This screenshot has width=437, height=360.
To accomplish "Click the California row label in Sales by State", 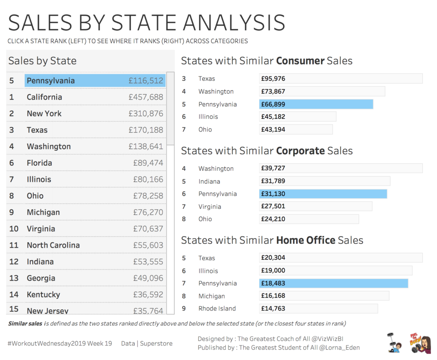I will click(x=44, y=97).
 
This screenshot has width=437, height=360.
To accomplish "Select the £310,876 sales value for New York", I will click(x=146, y=114).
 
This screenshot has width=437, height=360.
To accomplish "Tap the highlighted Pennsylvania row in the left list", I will click(x=95, y=81).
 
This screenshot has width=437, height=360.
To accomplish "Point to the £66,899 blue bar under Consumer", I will click(x=316, y=104).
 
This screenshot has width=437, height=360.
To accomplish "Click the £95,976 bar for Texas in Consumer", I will click(x=341, y=79).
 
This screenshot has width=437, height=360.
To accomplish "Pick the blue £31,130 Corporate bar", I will click(x=323, y=194).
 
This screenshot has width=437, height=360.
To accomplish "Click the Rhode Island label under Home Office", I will click(x=217, y=308).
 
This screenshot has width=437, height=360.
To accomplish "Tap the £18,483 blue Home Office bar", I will click(x=333, y=283).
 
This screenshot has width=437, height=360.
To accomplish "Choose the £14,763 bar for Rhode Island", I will click(x=318, y=308).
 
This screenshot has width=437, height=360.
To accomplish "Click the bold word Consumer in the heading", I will click(x=300, y=61).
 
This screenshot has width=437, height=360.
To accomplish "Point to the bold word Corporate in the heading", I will click(x=300, y=151).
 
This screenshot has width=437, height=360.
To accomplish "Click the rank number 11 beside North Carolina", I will click(x=14, y=245).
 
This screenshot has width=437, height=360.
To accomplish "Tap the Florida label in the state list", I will click(x=39, y=163).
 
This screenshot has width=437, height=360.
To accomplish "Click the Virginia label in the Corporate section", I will click(x=210, y=206).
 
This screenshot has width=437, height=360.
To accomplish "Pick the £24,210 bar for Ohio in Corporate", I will click(x=309, y=219).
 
